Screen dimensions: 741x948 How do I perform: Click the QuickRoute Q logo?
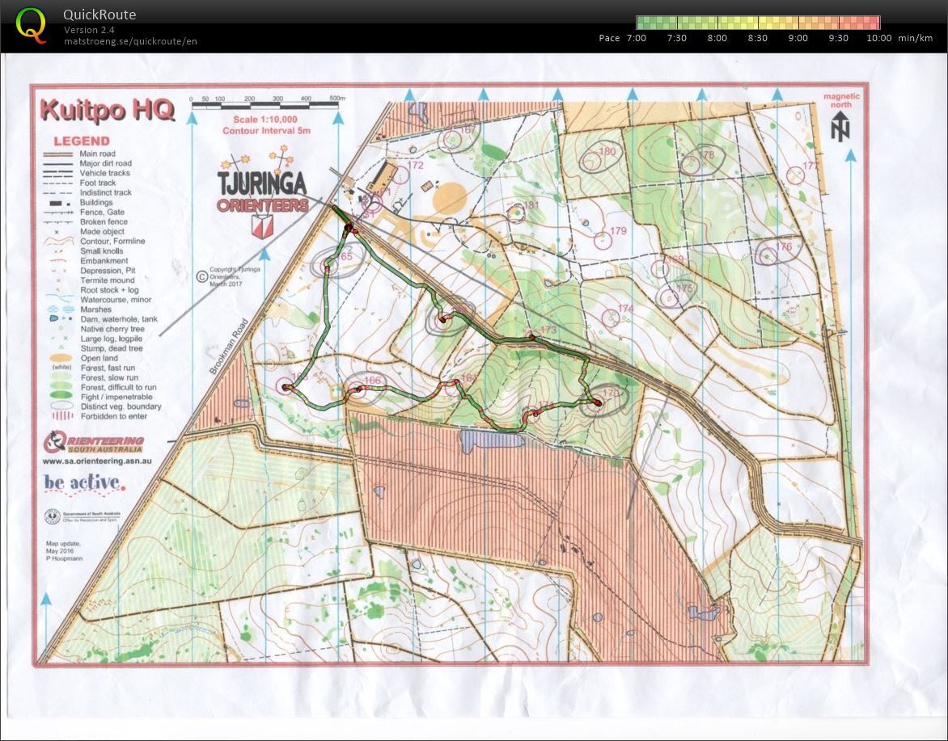(x=31, y=24)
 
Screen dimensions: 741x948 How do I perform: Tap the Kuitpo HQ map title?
(x=107, y=110)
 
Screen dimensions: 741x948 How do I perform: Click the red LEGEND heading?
(x=81, y=141)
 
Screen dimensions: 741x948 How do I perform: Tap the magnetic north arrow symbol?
(x=841, y=128)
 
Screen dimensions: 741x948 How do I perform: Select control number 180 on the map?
(x=607, y=152)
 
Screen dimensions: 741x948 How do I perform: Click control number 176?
(x=783, y=247)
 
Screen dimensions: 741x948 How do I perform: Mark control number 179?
(x=619, y=231)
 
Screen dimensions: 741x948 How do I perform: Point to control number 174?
(x=625, y=309)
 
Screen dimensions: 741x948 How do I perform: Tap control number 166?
(x=372, y=381)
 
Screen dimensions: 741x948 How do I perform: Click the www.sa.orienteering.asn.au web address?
(x=97, y=461)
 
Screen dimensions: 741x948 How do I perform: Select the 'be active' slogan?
(x=85, y=483)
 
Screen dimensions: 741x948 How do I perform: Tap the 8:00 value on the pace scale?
(x=717, y=38)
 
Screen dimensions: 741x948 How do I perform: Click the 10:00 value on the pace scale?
(x=878, y=38)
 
